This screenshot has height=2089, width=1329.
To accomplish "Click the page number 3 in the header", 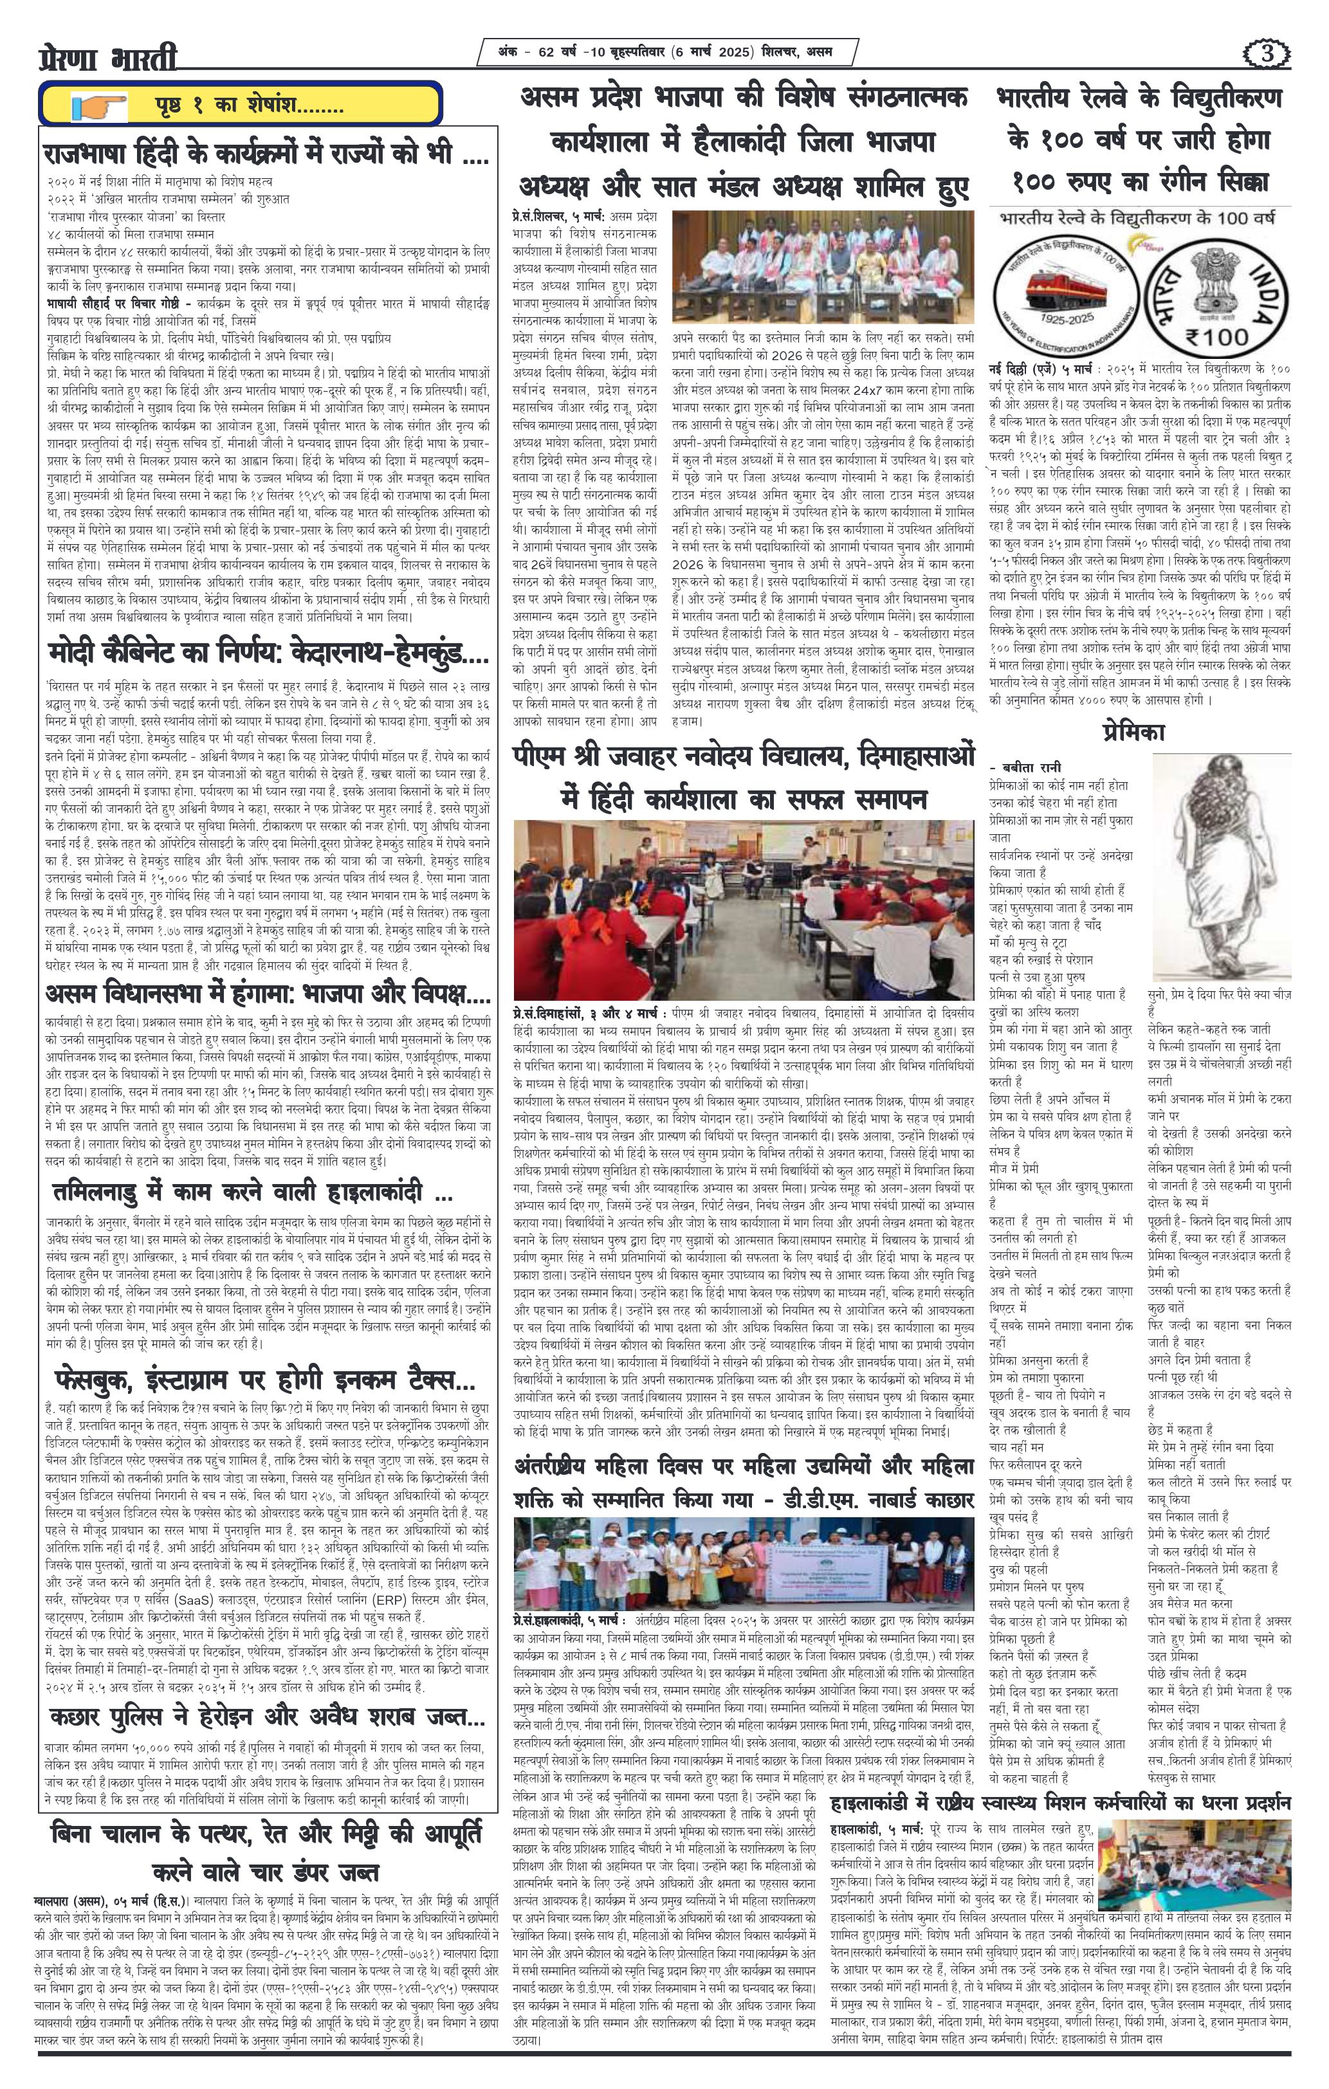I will (1269, 54).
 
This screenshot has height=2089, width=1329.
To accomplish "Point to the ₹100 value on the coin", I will (1219, 333).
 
